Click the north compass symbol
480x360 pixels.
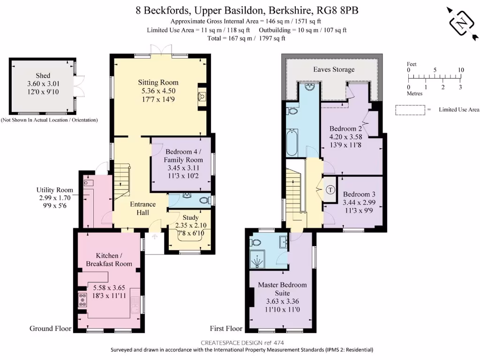[462, 22]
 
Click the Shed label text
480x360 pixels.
[43, 75]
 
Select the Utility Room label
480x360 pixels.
[55, 190]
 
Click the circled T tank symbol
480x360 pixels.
[330, 190]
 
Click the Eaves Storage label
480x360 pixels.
[334, 69]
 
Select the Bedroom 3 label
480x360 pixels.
[359, 195]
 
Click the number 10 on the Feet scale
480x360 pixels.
[461, 70]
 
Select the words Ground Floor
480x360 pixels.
[51, 329]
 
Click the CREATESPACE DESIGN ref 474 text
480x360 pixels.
[243, 342]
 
